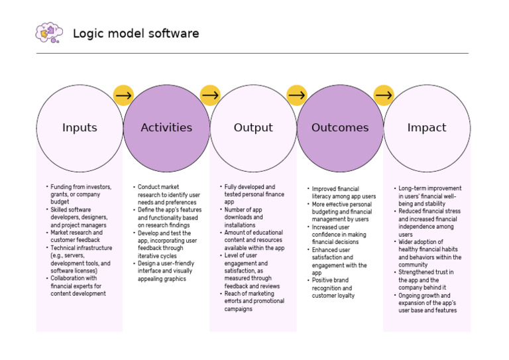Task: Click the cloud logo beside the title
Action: pos(49,32)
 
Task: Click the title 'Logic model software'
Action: pos(135,33)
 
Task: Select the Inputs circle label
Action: pos(80,128)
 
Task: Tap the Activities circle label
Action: pos(166,128)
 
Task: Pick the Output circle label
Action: pos(253,128)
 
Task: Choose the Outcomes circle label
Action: pos(340,128)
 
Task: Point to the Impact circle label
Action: pos(427,128)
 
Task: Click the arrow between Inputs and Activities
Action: pos(123,95)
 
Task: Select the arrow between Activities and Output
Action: pos(210,95)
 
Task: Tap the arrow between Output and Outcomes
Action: pos(297,95)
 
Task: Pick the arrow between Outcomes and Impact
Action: pos(384,95)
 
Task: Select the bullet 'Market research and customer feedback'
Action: pos(77,237)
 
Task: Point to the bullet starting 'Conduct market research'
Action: pos(166,195)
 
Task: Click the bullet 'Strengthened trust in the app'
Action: pos(425,280)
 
